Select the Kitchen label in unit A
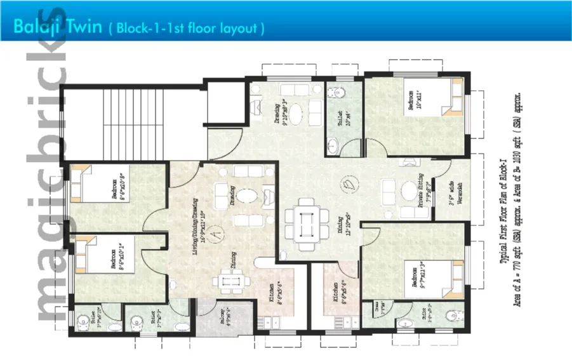[x=271, y=294]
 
